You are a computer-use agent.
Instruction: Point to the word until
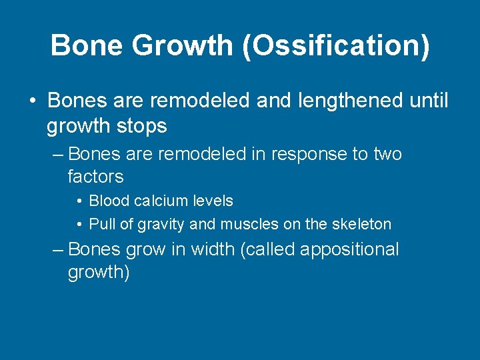point(428,101)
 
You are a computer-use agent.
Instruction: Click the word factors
point(96,177)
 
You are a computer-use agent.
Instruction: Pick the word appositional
point(349,250)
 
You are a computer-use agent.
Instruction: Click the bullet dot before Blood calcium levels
point(79,201)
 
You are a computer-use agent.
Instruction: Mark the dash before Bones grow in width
point(58,250)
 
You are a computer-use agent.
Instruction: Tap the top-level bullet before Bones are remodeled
point(32,101)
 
